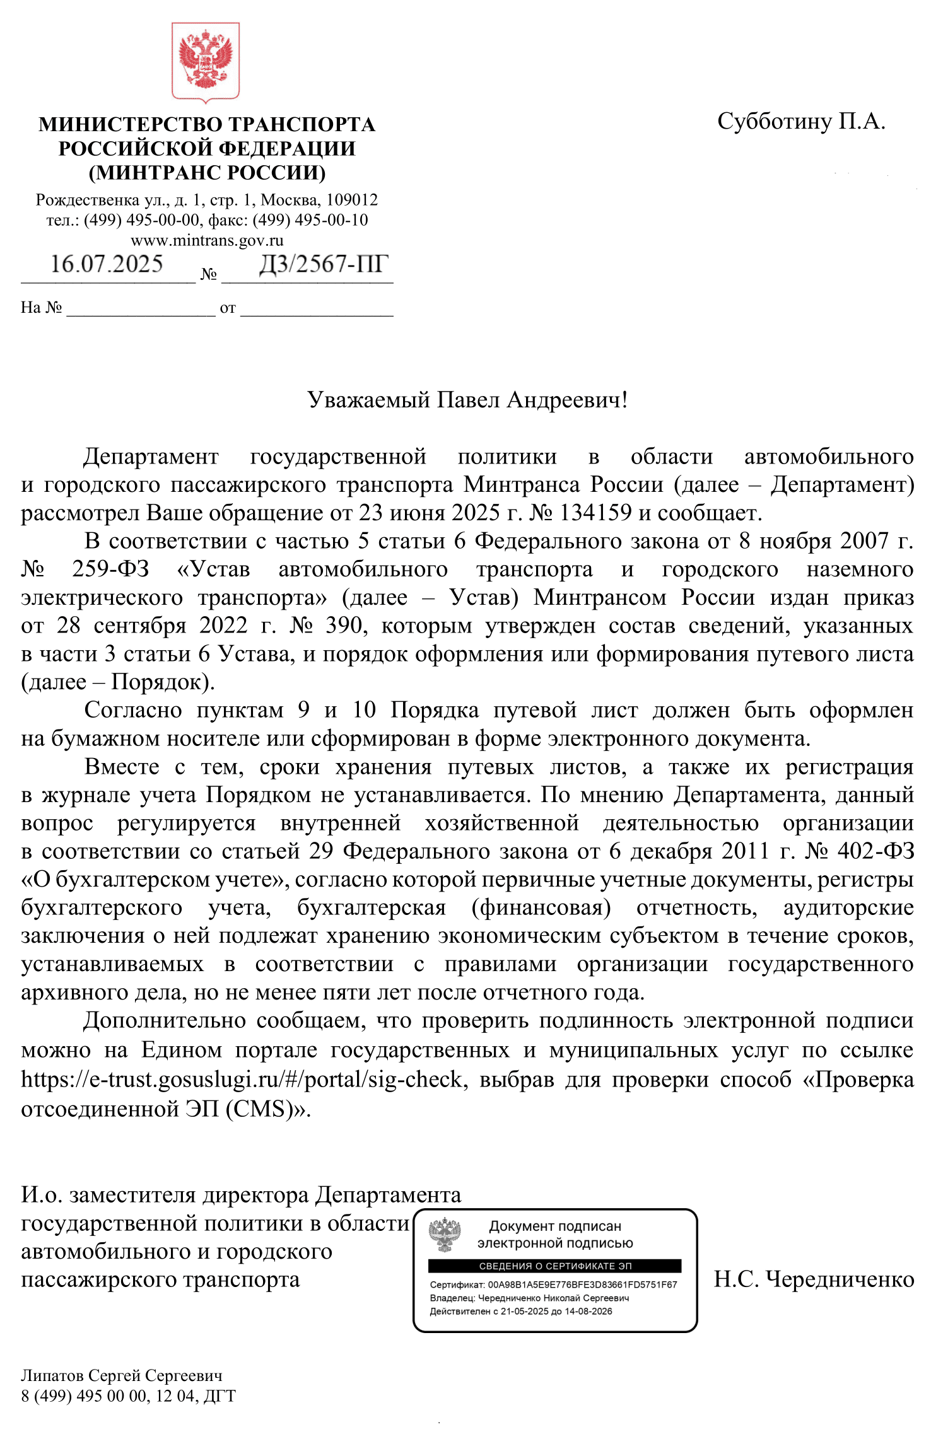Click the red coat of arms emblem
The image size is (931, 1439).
[x=206, y=62]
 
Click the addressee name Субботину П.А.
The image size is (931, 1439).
[x=801, y=120]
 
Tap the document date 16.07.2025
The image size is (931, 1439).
[x=107, y=264]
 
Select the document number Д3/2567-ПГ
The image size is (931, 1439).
[x=324, y=264]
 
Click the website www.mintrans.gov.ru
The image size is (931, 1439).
[x=207, y=240]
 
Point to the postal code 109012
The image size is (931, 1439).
[x=352, y=200]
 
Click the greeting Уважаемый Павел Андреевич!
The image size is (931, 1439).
[x=467, y=400]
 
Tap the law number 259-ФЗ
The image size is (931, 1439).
[x=110, y=569]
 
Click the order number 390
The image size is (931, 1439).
[x=344, y=626]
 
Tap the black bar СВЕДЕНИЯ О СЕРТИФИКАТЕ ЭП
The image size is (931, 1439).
[x=554, y=1266]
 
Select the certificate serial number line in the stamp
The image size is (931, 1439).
[x=553, y=1285]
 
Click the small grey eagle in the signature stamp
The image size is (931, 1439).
[x=445, y=1235]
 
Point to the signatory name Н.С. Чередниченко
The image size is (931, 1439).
[x=814, y=1279]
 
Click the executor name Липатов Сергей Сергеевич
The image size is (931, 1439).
[x=122, y=1375]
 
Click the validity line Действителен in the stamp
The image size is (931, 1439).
[x=521, y=1311]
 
